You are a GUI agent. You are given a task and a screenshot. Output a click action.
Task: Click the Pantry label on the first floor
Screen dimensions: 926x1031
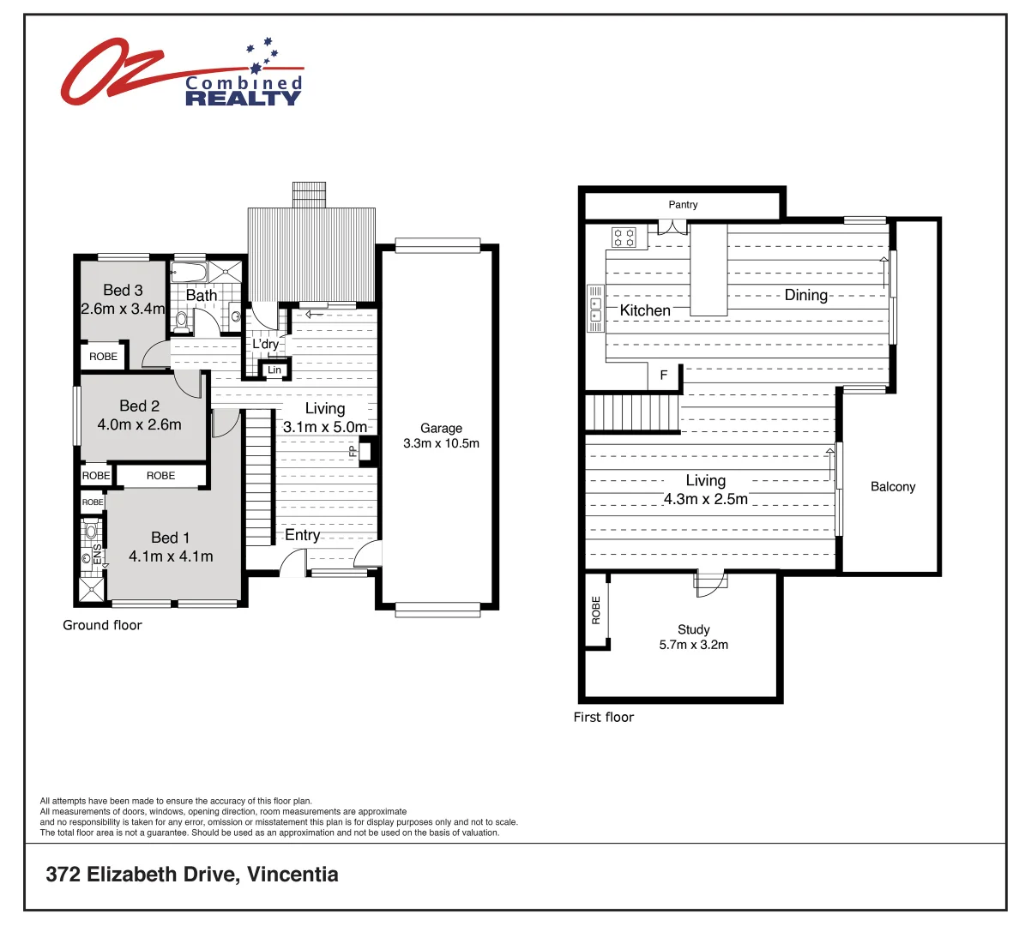[683, 205]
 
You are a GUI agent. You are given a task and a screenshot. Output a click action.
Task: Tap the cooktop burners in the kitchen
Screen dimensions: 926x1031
[624, 238]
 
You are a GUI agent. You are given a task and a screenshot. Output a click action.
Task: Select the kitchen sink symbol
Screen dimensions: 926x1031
[594, 309]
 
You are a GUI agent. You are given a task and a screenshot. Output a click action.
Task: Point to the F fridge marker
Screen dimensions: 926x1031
[663, 376]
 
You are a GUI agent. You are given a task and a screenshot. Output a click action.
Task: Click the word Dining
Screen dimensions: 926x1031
[806, 295]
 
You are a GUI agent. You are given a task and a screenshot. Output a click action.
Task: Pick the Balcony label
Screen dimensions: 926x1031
[893, 487]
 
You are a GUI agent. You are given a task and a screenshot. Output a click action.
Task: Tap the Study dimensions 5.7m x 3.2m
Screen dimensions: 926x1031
[693, 645]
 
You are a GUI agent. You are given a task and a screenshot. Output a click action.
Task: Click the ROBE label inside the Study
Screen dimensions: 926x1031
[596, 610]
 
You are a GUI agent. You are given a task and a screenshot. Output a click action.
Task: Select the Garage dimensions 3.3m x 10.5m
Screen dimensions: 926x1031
[441, 443]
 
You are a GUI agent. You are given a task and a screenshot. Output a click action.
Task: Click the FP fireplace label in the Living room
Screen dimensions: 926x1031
[353, 451]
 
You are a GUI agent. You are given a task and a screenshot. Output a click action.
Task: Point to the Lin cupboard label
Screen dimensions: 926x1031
[274, 370]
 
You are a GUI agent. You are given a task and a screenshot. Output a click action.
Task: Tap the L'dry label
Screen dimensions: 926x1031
[265, 344]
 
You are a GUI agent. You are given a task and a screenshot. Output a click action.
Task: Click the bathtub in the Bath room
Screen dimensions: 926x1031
[189, 274]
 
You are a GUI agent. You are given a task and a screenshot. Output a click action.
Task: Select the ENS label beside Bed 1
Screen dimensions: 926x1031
[98, 555]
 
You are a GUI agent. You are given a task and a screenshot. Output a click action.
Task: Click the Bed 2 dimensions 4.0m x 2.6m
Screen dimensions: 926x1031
[139, 424]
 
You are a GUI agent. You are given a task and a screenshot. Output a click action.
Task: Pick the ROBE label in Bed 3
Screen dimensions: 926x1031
[103, 357]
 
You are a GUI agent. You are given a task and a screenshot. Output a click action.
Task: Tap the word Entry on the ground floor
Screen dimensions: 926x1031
[302, 535]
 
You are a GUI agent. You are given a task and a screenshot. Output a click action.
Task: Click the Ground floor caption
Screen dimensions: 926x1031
[102, 625]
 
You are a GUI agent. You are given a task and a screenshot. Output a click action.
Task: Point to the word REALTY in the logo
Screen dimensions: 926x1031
[243, 99]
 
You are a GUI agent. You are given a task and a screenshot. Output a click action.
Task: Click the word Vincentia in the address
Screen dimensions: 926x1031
[292, 875]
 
